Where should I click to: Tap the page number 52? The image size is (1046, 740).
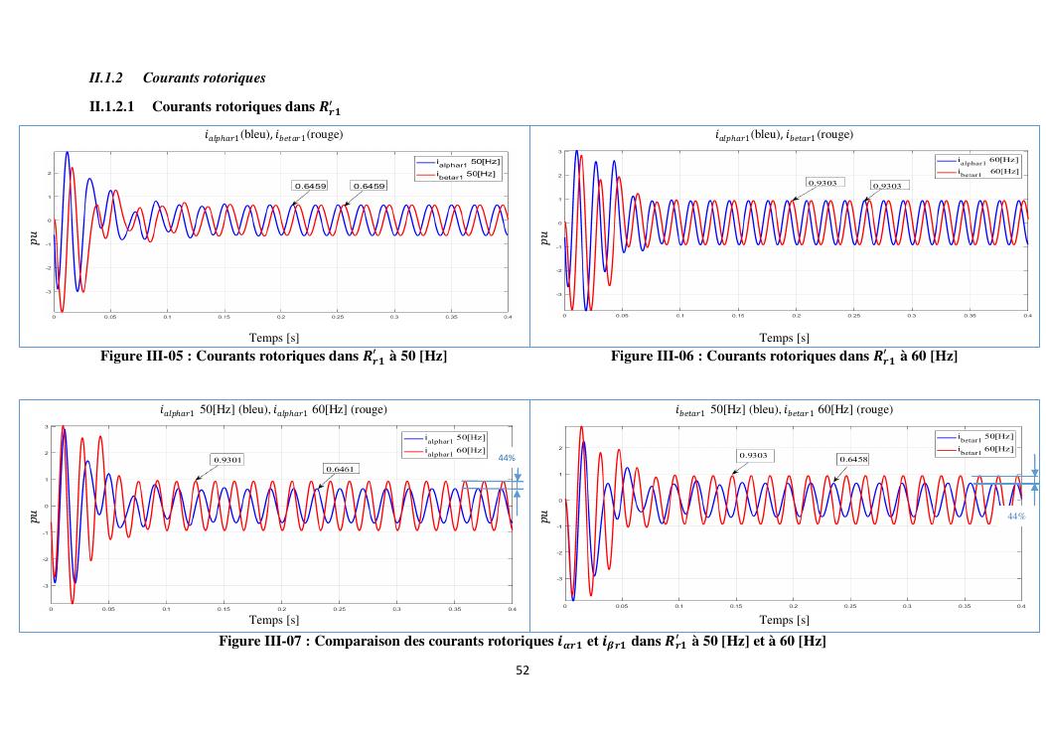tap(523, 670)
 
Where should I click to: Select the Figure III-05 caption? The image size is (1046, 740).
tap(273, 356)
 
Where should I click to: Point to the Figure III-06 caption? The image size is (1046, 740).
tap(784, 356)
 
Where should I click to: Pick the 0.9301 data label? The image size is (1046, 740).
tap(228, 460)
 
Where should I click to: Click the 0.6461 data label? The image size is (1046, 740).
tap(341, 468)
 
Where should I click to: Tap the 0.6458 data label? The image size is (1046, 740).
tap(853, 460)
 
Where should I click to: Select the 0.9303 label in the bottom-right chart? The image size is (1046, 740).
tap(754, 455)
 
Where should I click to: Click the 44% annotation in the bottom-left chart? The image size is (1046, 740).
tap(506, 458)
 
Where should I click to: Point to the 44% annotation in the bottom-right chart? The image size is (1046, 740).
tap(1015, 517)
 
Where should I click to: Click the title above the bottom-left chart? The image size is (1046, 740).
tap(273, 409)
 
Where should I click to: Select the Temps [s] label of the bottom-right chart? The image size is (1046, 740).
tap(784, 620)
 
